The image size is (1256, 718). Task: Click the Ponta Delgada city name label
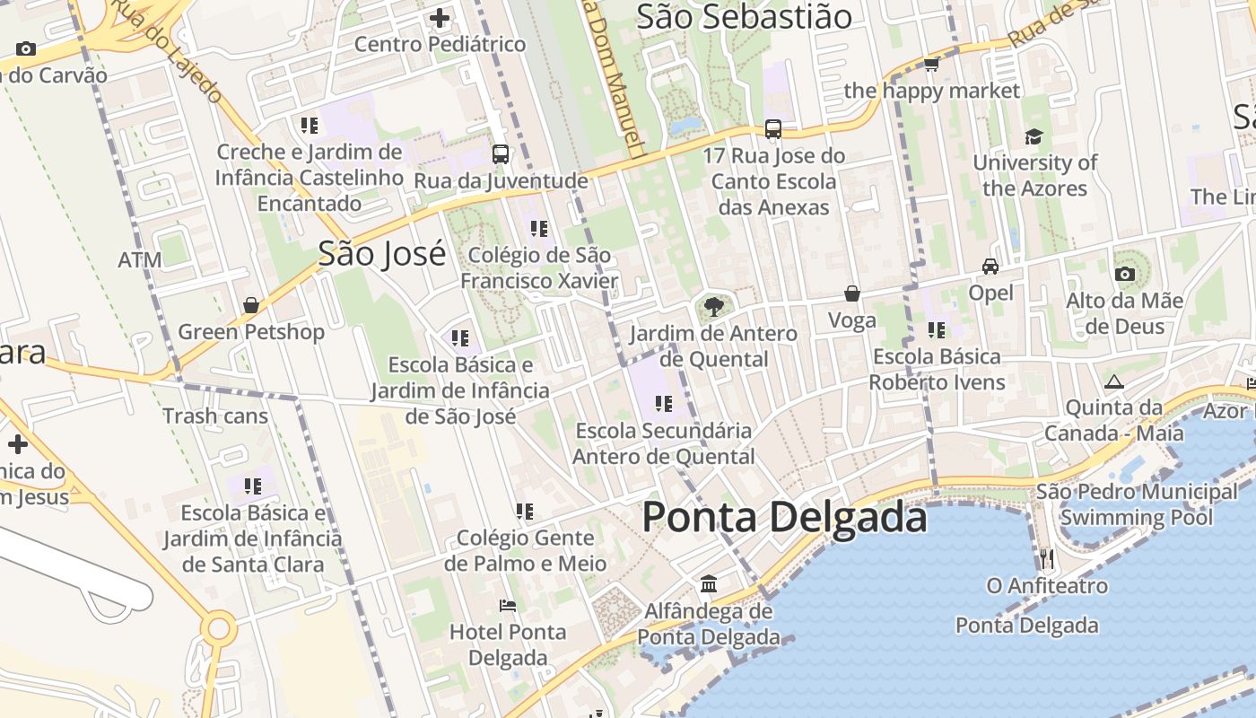point(784,518)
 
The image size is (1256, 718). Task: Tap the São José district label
point(382,254)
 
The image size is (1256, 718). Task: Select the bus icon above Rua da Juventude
point(501,153)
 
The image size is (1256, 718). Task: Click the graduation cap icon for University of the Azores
point(1034,136)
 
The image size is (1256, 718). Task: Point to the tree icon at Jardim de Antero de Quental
point(714,307)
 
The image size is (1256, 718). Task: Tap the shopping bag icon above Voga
point(852,293)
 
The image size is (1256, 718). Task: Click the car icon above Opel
point(990,267)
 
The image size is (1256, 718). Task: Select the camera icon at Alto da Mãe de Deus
point(1124,274)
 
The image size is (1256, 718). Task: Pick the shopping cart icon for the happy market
point(931,64)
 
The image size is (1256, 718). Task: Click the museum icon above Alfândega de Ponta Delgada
point(709,584)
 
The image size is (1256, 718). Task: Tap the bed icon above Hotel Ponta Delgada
point(508,606)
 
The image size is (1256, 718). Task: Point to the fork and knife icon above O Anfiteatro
point(1047,559)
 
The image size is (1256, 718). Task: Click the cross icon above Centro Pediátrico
point(440,17)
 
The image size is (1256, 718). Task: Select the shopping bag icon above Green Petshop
point(251,305)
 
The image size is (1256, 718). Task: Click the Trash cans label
point(215,416)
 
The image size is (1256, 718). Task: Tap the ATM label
point(140,260)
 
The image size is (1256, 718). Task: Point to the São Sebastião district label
point(744,16)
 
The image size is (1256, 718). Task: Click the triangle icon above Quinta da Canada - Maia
point(1114,381)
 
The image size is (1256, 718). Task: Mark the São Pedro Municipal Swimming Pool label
point(1137,504)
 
